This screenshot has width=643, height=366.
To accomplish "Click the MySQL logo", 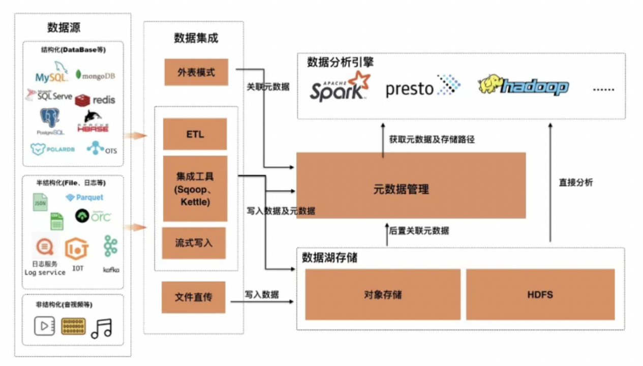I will tap(51, 73).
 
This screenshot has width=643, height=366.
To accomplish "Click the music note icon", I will tap(101, 328).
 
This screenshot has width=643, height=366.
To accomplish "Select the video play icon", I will tap(44, 326).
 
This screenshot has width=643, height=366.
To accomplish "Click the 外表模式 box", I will tap(196, 72).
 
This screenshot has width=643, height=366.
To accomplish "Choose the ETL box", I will tap(195, 134).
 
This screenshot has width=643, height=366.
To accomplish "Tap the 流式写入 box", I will tap(194, 243).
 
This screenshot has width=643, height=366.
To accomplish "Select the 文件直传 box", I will tap(193, 297).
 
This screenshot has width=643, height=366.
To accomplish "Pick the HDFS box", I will tap(540, 294).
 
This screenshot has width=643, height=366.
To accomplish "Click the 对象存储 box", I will tap(382, 294).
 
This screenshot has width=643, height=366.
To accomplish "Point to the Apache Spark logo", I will tap(340, 87).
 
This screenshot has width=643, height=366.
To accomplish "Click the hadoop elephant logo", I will tap(523, 86).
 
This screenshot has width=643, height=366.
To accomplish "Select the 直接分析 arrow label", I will tap(575, 182).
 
